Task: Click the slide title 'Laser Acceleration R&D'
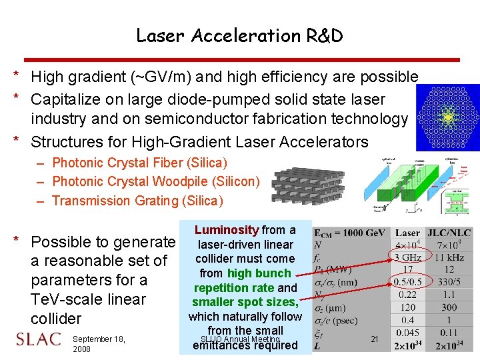(x=239, y=35)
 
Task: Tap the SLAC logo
(x=38, y=339)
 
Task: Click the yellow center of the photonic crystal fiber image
(x=448, y=117)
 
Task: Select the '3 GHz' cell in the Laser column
(x=407, y=258)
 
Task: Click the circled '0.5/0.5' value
(x=407, y=283)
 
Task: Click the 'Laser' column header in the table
(x=407, y=233)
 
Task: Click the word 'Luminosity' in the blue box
(x=227, y=230)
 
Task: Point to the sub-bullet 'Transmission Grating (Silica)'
(x=137, y=201)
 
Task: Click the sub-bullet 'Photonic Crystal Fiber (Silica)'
(x=139, y=163)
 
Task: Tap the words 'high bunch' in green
(x=259, y=273)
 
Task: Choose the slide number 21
(x=375, y=339)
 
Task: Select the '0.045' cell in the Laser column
(x=407, y=332)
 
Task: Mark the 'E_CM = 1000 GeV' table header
(x=350, y=233)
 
